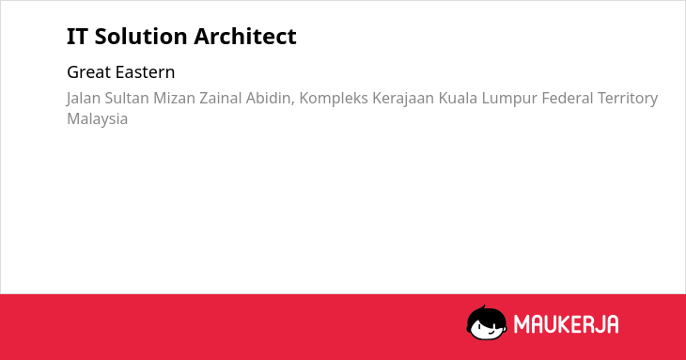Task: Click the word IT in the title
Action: point(77,37)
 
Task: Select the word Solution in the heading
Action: point(141,36)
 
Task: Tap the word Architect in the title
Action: point(245,36)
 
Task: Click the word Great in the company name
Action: point(88,72)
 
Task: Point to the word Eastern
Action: point(145,72)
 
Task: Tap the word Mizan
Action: point(174,98)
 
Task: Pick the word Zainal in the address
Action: point(221,98)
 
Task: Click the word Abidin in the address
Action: point(270,99)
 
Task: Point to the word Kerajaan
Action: point(403,99)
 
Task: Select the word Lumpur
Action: point(509,99)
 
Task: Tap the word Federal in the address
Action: point(567,98)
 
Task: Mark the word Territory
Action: point(628,99)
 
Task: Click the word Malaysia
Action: point(97,119)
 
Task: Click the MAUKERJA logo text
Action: point(566,324)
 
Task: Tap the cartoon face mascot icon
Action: point(487,322)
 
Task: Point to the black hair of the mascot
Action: point(486,314)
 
